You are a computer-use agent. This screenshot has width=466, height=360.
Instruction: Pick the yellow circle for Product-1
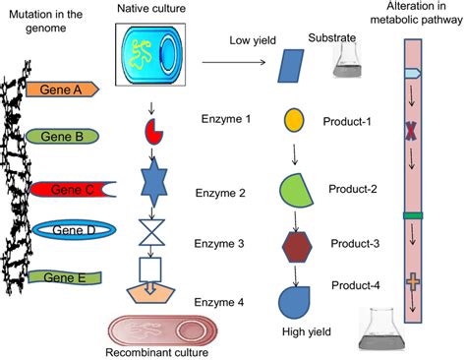pyautogui.click(x=293, y=121)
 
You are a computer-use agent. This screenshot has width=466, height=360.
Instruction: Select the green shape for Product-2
pyautogui.click(x=296, y=188)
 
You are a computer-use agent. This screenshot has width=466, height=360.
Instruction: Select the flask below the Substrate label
pyautogui.click(x=348, y=63)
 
